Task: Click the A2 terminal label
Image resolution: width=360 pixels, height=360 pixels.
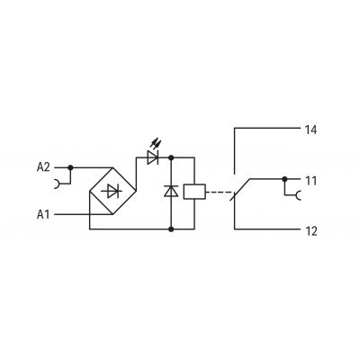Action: [43, 167]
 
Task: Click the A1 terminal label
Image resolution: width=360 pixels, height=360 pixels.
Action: [43, 214]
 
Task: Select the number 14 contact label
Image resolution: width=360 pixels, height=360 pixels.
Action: [310, 130]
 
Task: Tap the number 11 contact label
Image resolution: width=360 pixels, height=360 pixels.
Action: [310, 181]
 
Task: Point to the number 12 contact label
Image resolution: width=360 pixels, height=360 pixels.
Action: [310, 231]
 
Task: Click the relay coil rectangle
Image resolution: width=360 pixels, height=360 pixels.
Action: [194, 192]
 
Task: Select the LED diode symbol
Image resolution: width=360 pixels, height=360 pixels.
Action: [153, 157]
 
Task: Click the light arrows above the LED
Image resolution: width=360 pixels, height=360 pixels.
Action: [156, 142]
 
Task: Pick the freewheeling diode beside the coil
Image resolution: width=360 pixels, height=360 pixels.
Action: [171, 191]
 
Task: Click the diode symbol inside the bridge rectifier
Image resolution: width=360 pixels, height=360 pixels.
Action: [112, 191]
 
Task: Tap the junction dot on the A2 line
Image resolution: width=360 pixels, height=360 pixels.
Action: [70, 167]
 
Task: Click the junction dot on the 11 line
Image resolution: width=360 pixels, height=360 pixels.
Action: [284, 179]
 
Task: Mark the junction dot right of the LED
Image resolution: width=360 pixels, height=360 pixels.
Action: [171, 157]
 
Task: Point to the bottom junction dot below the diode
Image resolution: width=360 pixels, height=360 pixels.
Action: [171, 229]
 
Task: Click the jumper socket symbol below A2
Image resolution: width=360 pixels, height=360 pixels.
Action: [57, 184]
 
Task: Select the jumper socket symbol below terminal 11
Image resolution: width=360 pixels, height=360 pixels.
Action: [298, 195]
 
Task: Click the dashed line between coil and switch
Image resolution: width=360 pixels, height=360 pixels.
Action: [220, 192]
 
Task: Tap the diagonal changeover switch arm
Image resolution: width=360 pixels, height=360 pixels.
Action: [240, 190]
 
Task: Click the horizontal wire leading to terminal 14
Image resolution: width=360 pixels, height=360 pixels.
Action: [267, 128]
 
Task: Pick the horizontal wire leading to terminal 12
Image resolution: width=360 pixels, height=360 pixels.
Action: [267, 229]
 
